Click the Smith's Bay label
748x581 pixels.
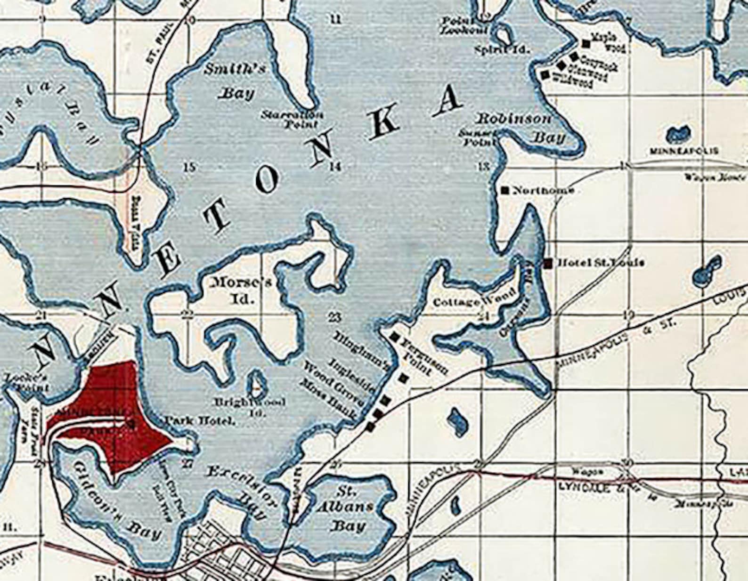[x=235, y=81]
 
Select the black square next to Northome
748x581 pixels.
[x=505, y=190]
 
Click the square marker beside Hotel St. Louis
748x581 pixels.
[x=548, y=263]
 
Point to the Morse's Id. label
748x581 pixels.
[x=241, y=290]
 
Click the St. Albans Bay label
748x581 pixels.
[x=348, y=509]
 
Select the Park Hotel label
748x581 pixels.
[x=199, y=421]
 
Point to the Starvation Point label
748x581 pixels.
[x=293, y=119]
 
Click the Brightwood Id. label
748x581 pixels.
[x=250, y=407]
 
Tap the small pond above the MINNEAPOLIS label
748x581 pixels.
[x=679, y=134]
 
